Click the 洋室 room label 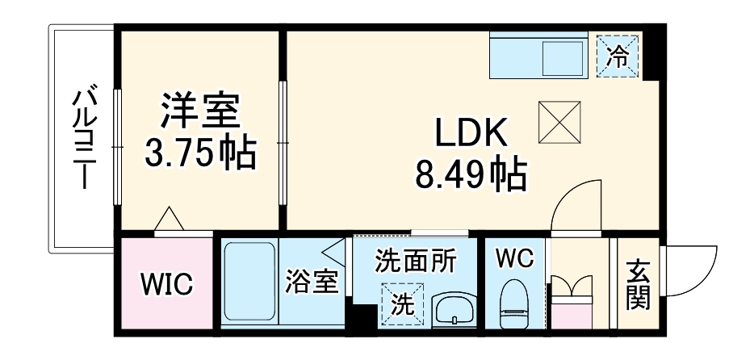[200, 110]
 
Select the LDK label [471, 134]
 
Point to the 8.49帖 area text [471, 173]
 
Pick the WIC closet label [167, 284]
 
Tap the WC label [514, 259]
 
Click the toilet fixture [514, 303]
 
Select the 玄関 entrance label [637, 285]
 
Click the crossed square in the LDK [559, 119]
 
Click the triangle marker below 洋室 [170, 219]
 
